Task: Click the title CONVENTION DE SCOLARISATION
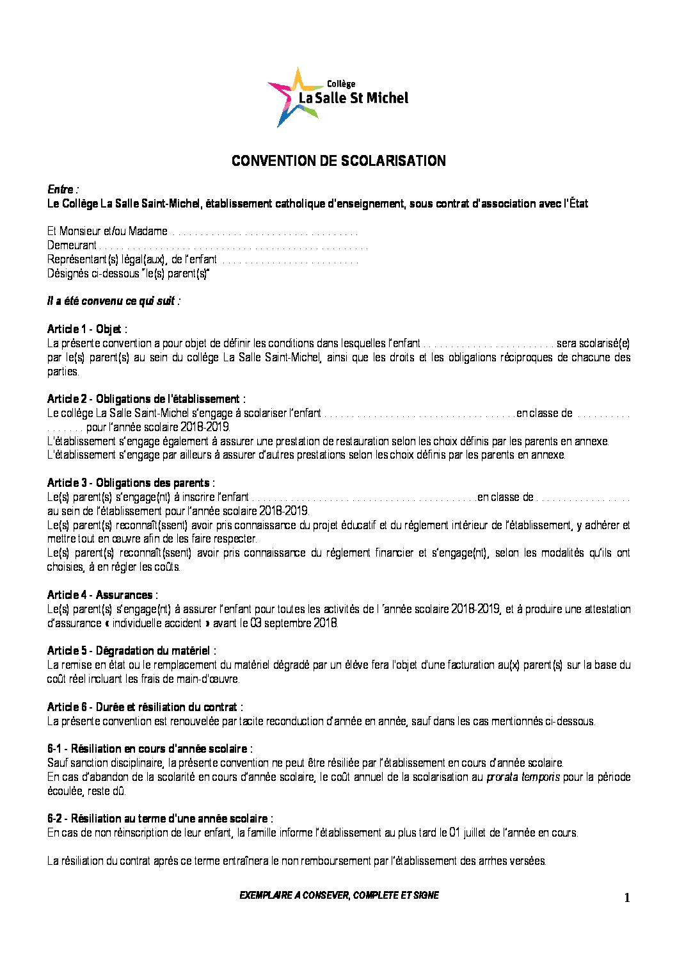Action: pyautogui.click(x=338, y=161)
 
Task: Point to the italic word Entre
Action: pyautogui.click(x=61, y=190)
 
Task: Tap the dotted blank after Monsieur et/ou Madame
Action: pyautogui.click(x=266, y=232)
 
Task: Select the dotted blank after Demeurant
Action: pyautogui.click(x=234, y=246)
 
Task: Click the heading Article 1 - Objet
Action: pyautogui.click(x=86, y=329)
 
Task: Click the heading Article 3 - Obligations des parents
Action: pyautogui.click(x=131, y=483)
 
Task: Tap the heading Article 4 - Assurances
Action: pyautogui.click(x=102, y=595)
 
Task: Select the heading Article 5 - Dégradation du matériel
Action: pyautogui.click(x=131, y=651)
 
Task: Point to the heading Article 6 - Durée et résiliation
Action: pyautogui.click(x=145, y=707)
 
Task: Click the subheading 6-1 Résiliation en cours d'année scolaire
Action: pyautogui.click(x=150, y=749)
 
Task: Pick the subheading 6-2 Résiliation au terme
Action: pyautogui.click(x=160, y=819)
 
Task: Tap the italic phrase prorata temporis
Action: pyautogui.click(x=523, y=777)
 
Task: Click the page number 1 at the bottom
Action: pyautogui.click(x=627, y=898)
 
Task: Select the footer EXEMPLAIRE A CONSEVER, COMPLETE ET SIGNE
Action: pyautogui.click(x=339, y=896)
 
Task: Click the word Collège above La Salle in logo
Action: pyautogui.click(x=341, y=84)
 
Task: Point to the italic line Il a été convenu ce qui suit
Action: pyautogui.click(x=113, y=301)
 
